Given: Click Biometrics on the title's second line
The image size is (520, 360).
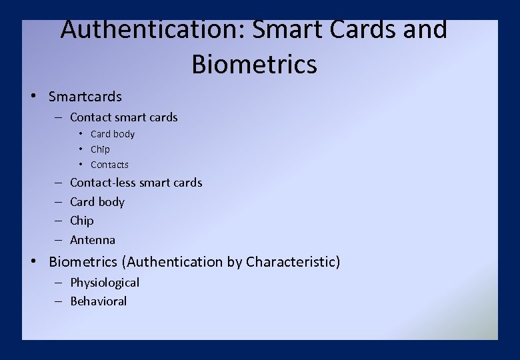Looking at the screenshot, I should coord(254,65).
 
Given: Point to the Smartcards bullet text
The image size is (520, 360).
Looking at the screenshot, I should coord(85,97).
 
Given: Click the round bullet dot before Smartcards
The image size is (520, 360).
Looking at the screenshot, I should coord(33,96).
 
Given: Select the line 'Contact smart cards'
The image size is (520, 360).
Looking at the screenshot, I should coord(123,117).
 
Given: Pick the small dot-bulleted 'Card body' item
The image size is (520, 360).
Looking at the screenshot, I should coord(112,134).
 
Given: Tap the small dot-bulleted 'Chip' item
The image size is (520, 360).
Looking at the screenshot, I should coord(100,149).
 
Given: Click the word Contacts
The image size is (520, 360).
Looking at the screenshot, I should coord(109,165).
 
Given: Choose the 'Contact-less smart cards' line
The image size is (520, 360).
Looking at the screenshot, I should coord(136,183).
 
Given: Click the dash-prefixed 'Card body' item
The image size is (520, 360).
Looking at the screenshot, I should coord(97,202).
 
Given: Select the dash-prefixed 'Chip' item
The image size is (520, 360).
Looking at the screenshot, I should coord(82,221).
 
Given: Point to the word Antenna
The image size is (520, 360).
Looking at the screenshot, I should coord(93,240).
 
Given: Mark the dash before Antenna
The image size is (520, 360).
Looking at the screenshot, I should coord(58,240).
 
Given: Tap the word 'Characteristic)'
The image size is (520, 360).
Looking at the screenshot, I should coord(293,262).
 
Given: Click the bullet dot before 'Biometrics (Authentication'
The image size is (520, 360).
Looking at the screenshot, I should coord(33,261).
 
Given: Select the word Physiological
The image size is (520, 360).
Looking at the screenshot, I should coord(105,283).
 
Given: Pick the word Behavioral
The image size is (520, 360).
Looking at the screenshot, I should coord(99,301).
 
